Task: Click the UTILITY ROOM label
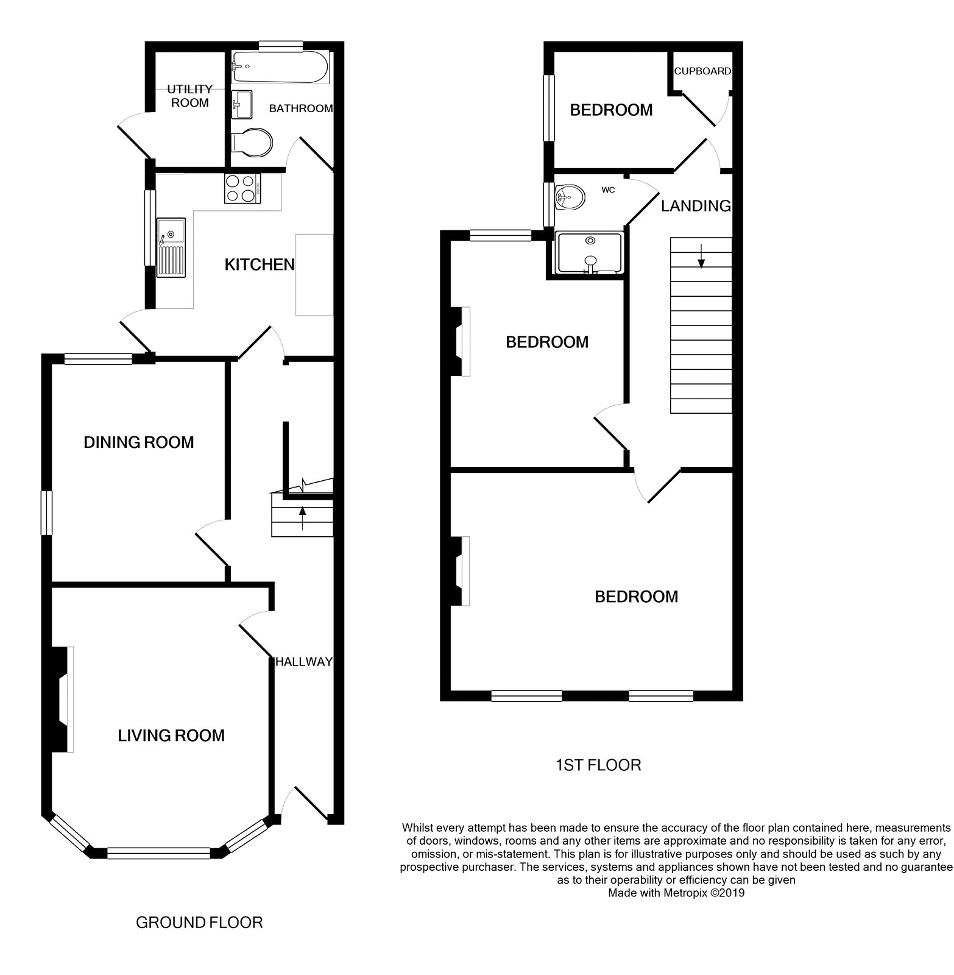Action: (x=189, y=96)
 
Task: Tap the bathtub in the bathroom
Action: (x=280, y=66)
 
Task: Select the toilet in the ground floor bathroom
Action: (x=252, y=143)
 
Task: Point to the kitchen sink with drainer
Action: (x=171, y=247)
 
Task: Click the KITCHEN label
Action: (x=260, y=264)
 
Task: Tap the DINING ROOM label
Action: (x=139, y=442)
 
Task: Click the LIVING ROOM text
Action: (x=171, y=736)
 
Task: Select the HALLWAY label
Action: (x=304, y=662)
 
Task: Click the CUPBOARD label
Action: (x=702, y=71)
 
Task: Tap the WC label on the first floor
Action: (x=608, y=190)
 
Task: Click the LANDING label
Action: (x=696, y=206)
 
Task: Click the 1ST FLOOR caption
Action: (x=598, y=765)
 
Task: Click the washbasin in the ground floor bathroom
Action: (x=242, y=104)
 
